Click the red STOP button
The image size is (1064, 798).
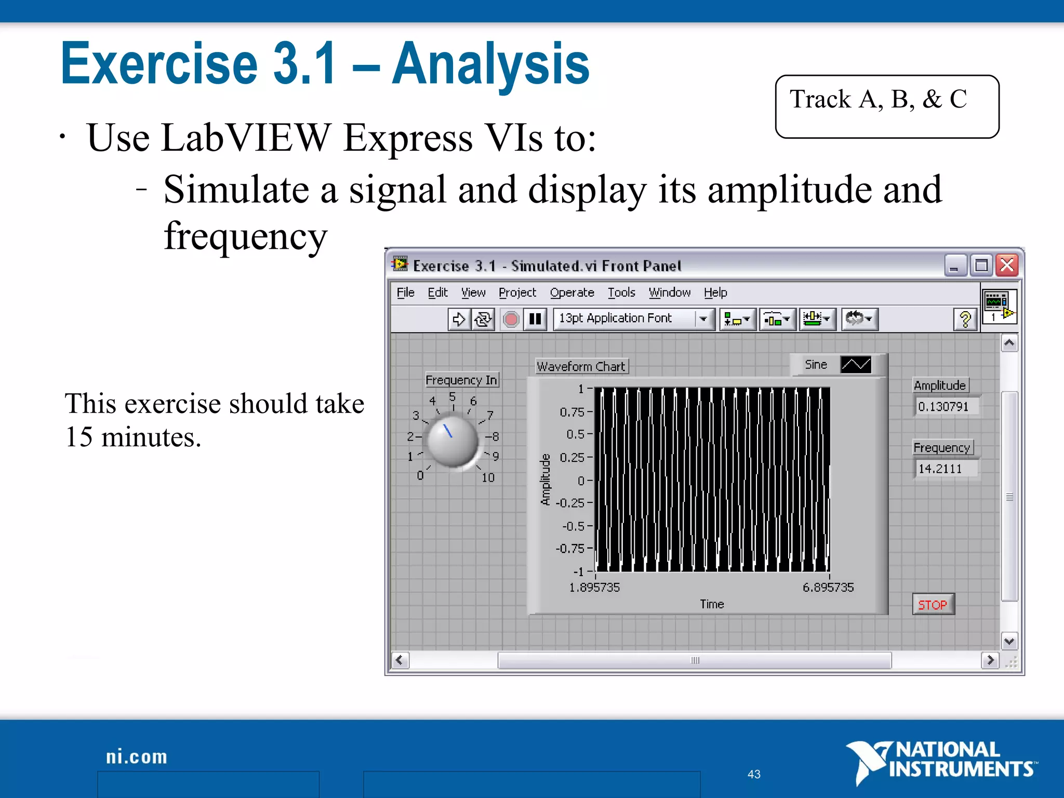[933, 605]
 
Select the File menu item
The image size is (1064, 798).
[405, 292]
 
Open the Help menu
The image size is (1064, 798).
[715, 292]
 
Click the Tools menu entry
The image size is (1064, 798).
[621, 292]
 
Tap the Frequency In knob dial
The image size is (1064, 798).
[452, 441]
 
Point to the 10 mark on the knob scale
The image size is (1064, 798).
[488, 477]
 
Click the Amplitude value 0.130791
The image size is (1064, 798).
[944, 406]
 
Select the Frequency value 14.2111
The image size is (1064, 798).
[941, 469]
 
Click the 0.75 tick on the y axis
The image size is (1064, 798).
[573, 412]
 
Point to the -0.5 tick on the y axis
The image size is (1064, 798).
[574, 526]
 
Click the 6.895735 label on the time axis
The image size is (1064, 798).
[828, 588]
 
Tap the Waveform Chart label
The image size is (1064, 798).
[581, 366]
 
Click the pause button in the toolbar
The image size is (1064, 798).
[535, 319]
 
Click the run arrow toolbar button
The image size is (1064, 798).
[459, 319]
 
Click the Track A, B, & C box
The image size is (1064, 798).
[887, 107]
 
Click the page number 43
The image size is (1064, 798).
[754, 774]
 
